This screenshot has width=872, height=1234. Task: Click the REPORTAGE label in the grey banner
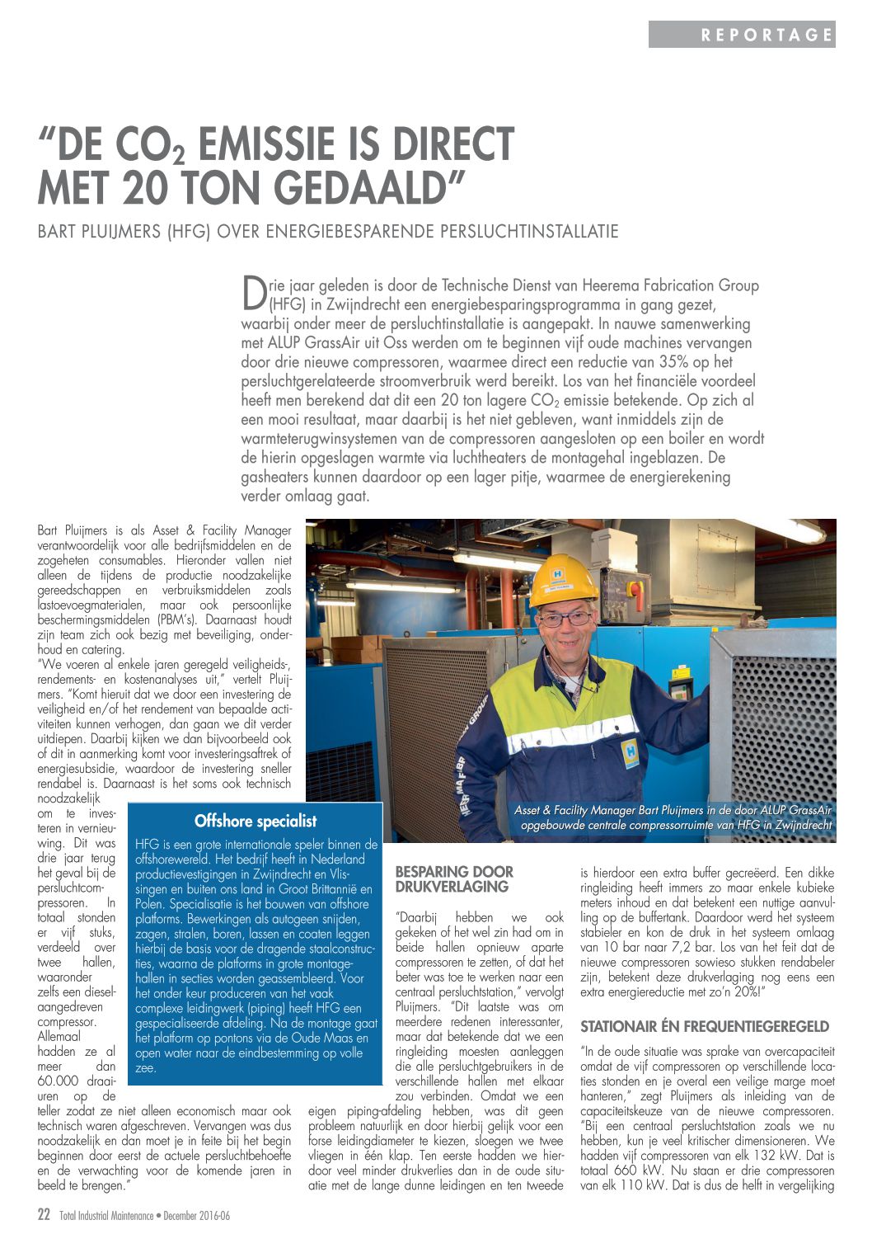coord(766,35)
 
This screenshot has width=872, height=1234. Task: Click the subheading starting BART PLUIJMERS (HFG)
coord(328,231)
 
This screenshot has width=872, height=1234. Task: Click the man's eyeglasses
coord(565,619)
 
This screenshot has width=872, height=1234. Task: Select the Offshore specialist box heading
coord(256,821)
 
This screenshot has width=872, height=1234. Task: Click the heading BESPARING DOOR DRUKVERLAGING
coord(454,879)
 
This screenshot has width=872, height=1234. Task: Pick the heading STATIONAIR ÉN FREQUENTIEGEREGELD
coord(705,1026)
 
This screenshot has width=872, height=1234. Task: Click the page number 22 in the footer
coord(45,1214)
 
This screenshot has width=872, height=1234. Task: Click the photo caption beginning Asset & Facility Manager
coord(673,817)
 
